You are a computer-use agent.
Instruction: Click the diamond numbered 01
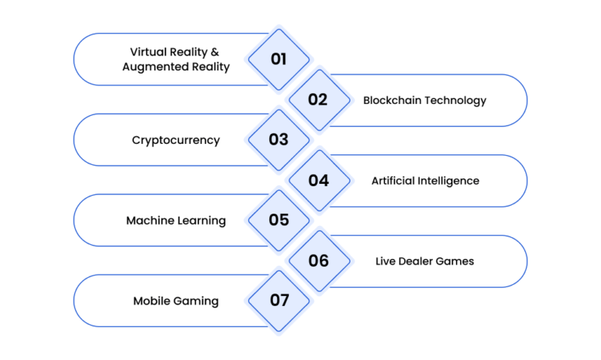279,59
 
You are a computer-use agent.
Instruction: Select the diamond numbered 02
319,100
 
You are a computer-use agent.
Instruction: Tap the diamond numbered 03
279,140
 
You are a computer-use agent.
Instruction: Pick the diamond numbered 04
319,181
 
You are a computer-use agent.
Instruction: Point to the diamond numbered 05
279,221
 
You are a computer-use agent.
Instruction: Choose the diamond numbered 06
319,261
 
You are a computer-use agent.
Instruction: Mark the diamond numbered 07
279,301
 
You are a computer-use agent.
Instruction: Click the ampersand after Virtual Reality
214,52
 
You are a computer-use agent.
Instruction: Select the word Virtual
148,52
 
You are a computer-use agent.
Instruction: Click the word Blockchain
392,100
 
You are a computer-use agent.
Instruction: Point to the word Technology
455,100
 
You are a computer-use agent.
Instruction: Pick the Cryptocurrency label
176,140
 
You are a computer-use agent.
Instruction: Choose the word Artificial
393,181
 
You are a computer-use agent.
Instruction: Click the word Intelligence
448,181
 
